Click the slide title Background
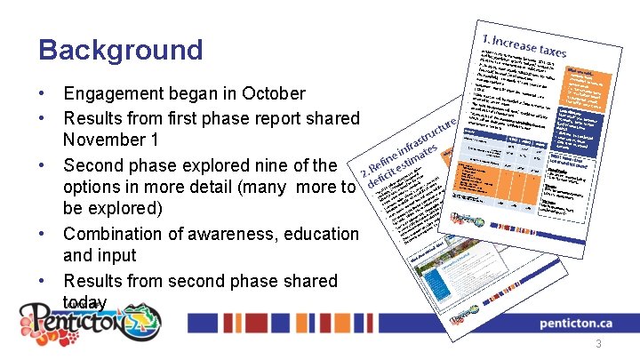coord(120,50)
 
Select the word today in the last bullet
coord(85,303)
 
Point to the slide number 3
coord(600,344)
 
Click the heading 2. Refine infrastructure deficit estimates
coord(409,152)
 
